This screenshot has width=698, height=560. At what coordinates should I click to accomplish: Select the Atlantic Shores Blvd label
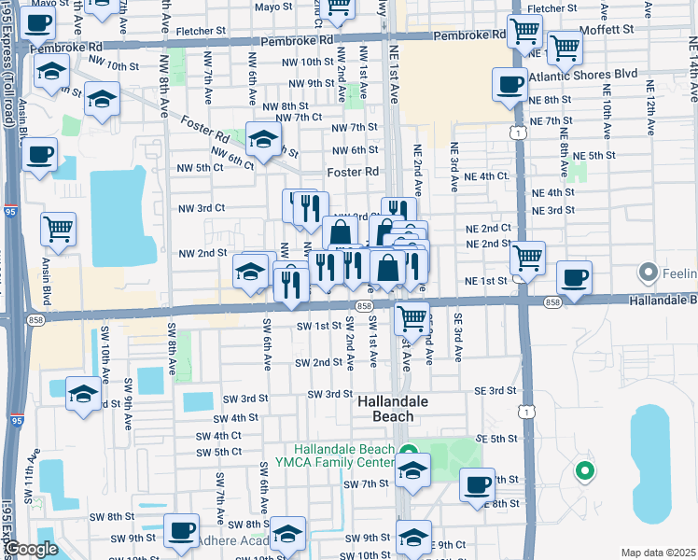coord(582,73)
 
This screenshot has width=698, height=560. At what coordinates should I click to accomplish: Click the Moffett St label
coord(606,30)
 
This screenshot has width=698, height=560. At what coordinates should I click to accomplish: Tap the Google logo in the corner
coord(31,549)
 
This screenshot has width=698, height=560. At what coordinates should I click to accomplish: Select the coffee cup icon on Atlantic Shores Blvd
coord(510,85)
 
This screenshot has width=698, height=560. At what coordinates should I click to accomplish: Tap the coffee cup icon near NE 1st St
coord(574,276)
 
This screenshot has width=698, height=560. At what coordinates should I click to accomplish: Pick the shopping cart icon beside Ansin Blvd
coord(58,227)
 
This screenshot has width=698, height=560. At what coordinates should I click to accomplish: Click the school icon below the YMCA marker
coord(413,471)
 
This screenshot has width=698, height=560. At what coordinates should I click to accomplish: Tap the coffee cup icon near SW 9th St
coord(181,529)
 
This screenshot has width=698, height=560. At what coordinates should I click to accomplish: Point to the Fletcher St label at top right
coord(546,8)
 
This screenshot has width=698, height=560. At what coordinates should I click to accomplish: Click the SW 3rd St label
coord(330,394)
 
